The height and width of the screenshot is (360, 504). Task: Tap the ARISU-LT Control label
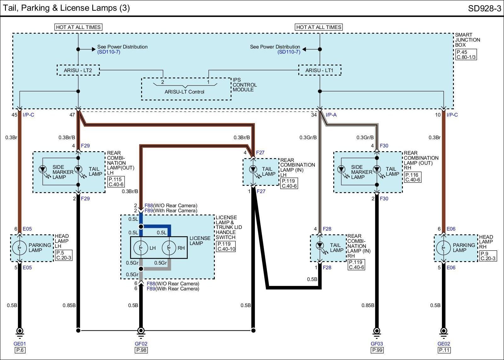[x=184, y=92]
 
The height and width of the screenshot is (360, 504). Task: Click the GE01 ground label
[x=20, y=344]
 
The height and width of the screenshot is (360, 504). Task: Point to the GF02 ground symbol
[x=141, y=333]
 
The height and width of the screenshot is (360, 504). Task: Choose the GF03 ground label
[x=377, y=344]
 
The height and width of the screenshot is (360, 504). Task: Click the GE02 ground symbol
[x=444, y=333]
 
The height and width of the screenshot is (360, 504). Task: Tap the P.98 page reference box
[x=141, y=350]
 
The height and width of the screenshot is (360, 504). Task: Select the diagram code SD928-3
[x=484, y=8]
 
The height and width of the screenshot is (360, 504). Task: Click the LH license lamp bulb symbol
[x=140, y=248]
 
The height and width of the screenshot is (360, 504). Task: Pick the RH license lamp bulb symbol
[x=169, y=248]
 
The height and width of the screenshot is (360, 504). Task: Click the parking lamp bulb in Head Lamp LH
[x=20, y=248]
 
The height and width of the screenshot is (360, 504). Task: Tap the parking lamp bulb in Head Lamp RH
[x=444, y=248]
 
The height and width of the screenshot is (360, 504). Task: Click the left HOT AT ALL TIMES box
[x=78, y=27]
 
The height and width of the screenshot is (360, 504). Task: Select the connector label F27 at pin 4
[x=260, y=152]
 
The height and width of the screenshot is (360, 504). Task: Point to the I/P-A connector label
[x=331, y=115]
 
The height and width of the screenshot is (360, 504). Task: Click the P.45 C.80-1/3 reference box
[x=466, y=54]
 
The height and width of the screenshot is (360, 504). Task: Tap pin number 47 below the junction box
[x=72, y=115]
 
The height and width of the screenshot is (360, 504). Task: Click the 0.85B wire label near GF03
[x=368, y=305]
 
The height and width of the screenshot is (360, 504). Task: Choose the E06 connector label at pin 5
[x=451, y=267]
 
